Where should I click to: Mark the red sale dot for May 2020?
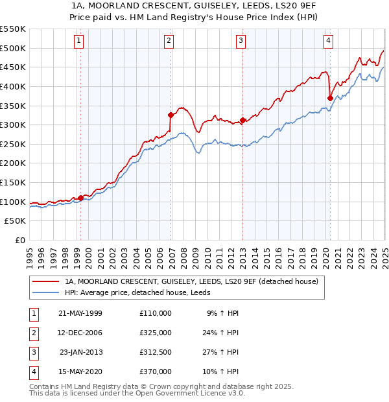coord(330,98)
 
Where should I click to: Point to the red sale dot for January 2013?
coord(242,120)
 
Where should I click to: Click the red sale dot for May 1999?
coord(81,198)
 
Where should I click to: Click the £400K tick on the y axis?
coord(13,86)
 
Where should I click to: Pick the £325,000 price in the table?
coord(156,333)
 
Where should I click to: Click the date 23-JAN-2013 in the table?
coord(81,352)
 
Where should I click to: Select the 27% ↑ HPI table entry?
coord(222,352)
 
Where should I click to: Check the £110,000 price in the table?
coord(156,313)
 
